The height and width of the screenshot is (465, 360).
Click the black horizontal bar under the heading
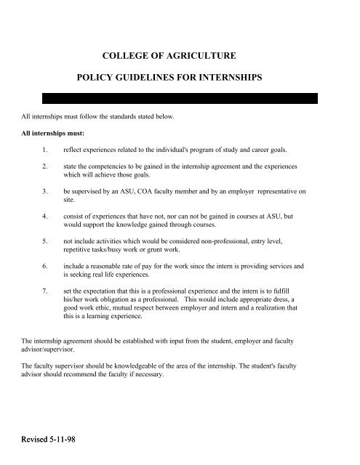[180, 98]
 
